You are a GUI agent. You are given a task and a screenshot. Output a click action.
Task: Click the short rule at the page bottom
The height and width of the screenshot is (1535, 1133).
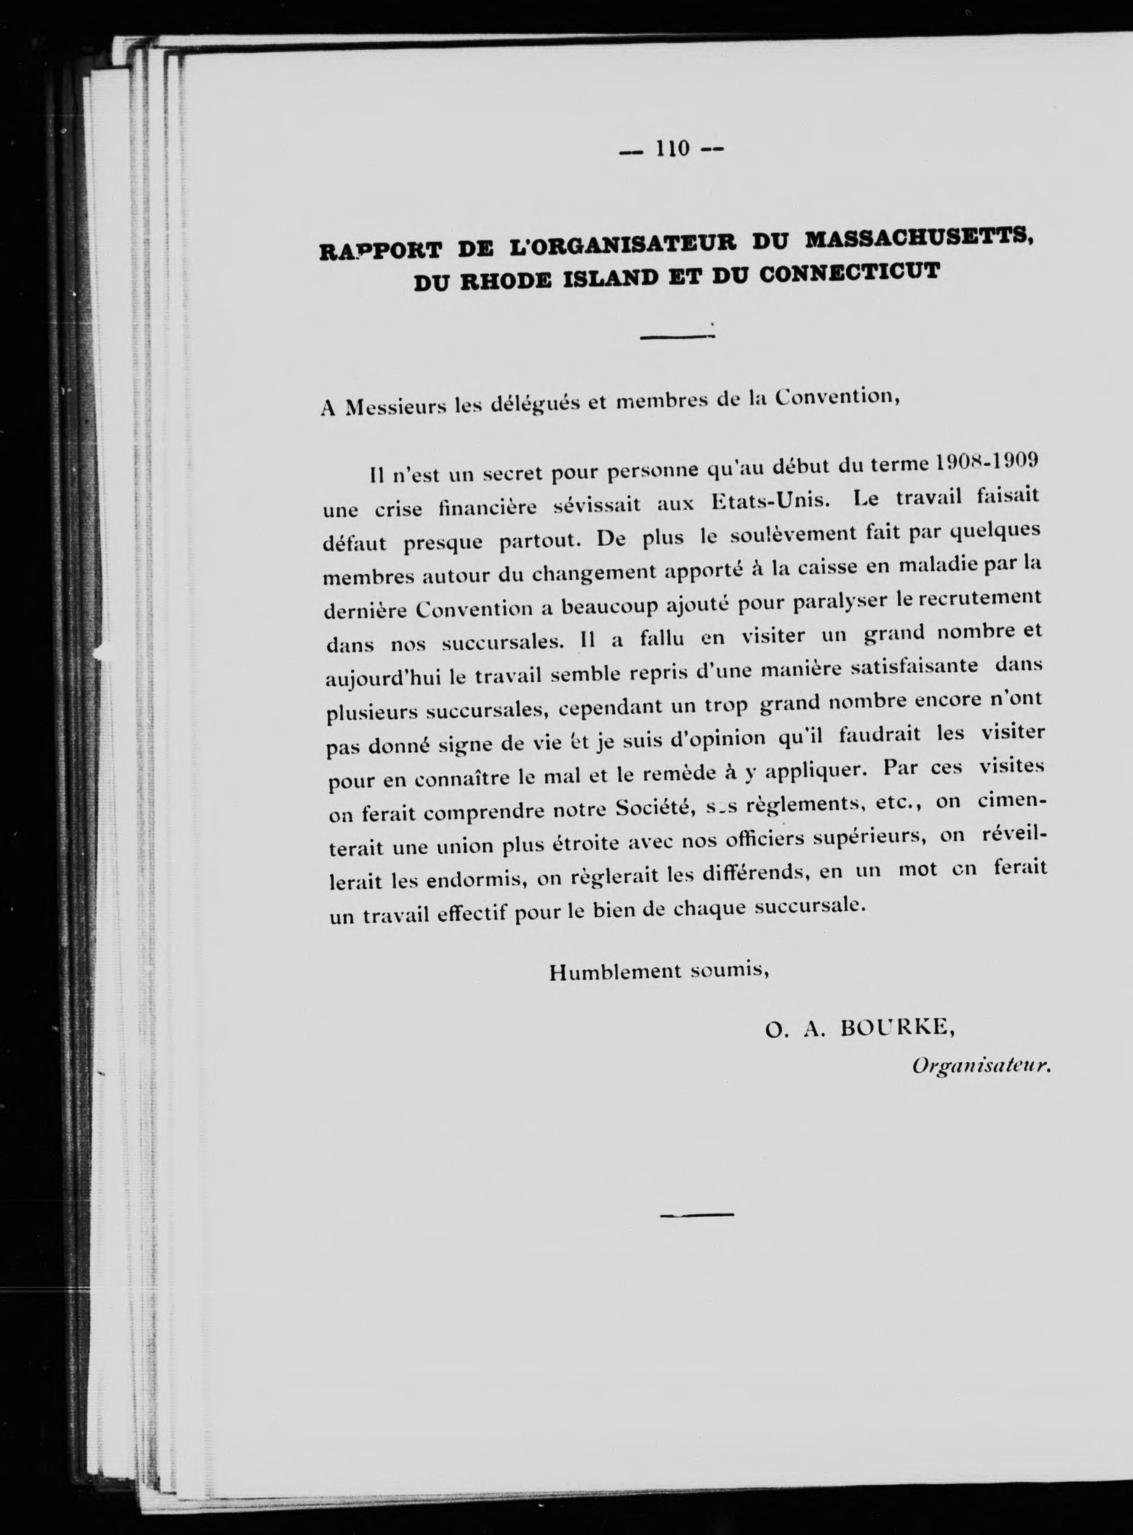(x=696, y=1215)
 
